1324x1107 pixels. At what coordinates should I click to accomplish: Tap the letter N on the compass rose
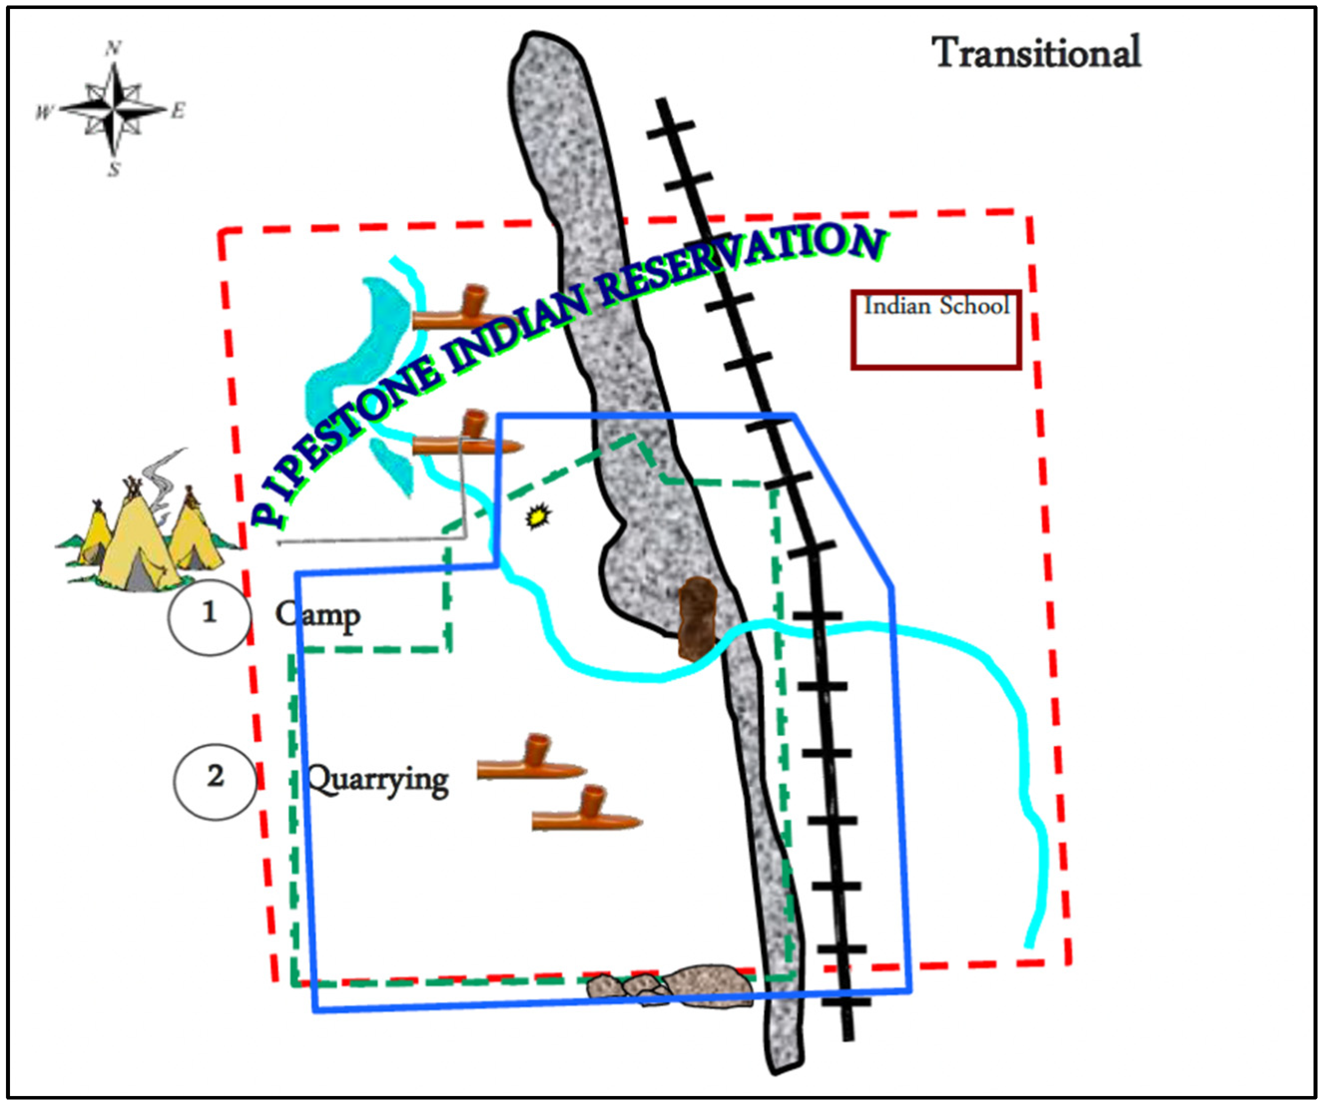click(x=113, y=48)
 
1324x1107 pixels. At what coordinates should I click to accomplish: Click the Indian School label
click(x=936, y=306)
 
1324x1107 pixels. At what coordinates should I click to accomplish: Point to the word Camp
click(x=318, y=615)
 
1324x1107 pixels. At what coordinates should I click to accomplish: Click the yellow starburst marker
click(x=538, y=517)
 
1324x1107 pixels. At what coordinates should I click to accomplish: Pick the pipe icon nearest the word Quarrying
click(x=531, y=758)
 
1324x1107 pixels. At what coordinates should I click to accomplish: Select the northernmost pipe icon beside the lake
click(x=460, y=309)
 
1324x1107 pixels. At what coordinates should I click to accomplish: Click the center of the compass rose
click(x=113, y=110)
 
